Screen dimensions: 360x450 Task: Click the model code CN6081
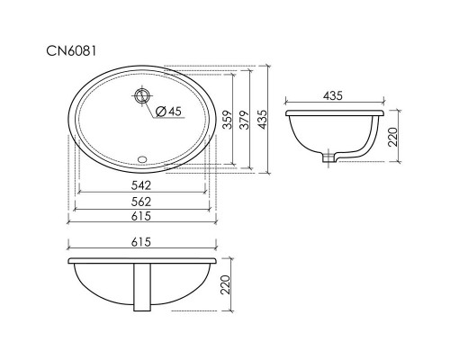coord(75,51)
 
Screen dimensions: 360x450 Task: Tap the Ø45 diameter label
coord(168,111)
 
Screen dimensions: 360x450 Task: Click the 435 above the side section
coord(333,94)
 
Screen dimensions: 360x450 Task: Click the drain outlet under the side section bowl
coord(330,158)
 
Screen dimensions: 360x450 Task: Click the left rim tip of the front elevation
coord(70,262)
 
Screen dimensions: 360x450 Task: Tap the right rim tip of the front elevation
coord(216,262)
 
